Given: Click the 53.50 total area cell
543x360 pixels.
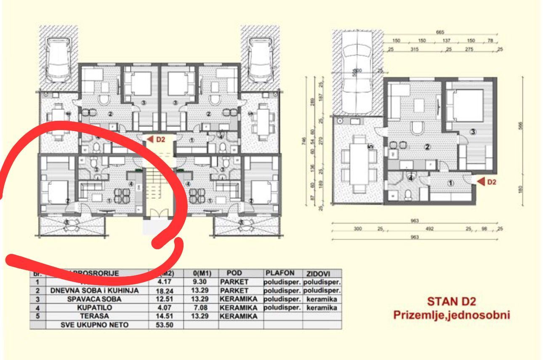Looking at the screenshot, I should [x=165, y=325].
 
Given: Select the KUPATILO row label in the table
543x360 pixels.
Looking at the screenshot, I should [x=94, y=307].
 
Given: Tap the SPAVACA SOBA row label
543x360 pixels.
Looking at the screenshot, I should [x=94, y=299].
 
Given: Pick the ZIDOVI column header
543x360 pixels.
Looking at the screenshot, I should [x=322, y=274].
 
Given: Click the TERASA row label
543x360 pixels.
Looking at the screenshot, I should [x=94, y=316].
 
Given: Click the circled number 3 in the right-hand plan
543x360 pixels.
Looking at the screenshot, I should [x=473, y=132].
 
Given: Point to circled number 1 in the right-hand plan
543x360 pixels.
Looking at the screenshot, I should [x=450, y=183].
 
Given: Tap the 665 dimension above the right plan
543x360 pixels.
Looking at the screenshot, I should [x=440, y=32].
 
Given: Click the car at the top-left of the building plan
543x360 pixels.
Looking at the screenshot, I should [x=59, y=59].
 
